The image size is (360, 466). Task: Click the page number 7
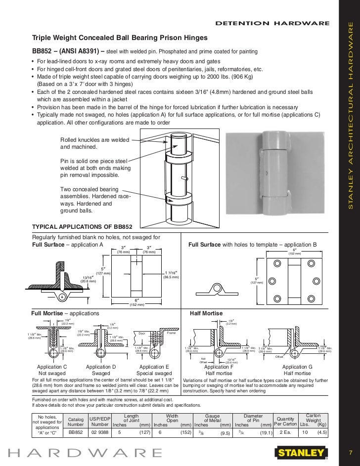click(350, 452)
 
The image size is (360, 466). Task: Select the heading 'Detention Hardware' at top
click(272, 23)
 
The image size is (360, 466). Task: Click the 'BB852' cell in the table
click(75, 431)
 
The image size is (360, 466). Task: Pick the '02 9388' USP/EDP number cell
click(99, 431)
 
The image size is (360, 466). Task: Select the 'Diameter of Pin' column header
click(254, 419)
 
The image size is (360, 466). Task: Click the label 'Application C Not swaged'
click(52, 370)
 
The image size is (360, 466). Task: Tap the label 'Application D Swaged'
click(101, 370)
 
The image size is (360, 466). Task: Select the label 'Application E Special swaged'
click(155, 370)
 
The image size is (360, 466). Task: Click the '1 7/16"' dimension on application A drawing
click(171, 275)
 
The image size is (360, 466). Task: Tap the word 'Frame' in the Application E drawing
click(171, 333)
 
